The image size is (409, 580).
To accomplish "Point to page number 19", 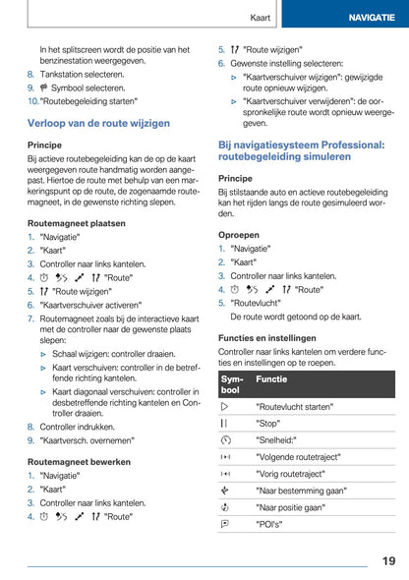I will pyautogui.click(x=388, y=560).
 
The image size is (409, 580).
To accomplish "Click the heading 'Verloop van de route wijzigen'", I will pyautogui.click(x=98, y=123).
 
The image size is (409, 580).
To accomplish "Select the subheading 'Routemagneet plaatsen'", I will pyautogui.click(x=76, y=223).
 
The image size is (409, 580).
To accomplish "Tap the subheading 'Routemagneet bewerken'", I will pyautogui.click(x=79, y=461).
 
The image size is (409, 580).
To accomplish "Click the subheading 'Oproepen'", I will pyautogui.click(x=239, y=235).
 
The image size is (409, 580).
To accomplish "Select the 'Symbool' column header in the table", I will pyautogui.click(x=231, y=384).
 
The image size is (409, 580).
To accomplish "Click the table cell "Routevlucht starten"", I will pyautogui.click(x=295, y=405).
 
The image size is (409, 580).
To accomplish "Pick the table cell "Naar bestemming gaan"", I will pyautogui.click(x=300, y=491).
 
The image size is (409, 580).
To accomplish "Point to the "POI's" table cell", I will pyautogui.click(x=268, y=525).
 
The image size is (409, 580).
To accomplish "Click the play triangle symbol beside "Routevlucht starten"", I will pyautogui.click(x=225, y=405).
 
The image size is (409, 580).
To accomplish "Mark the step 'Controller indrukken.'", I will pyautogui.click(x=82, y=427).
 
